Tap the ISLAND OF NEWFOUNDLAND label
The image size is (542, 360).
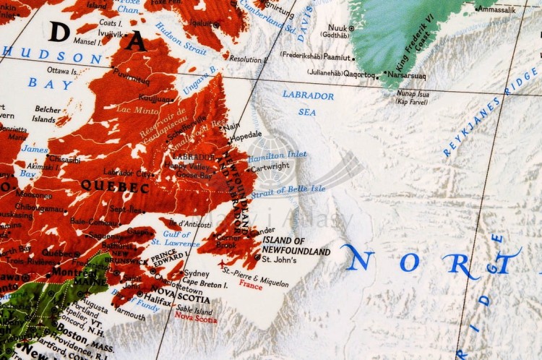[x=296, y=246]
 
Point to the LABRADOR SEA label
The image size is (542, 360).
[x=308, y=103]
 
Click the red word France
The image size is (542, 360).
[x=251, y=284]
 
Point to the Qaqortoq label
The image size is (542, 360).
[x=359, y=74]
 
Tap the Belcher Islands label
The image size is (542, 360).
[x=47, y=113]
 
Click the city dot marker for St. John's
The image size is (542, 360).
[x=258, y=257]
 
